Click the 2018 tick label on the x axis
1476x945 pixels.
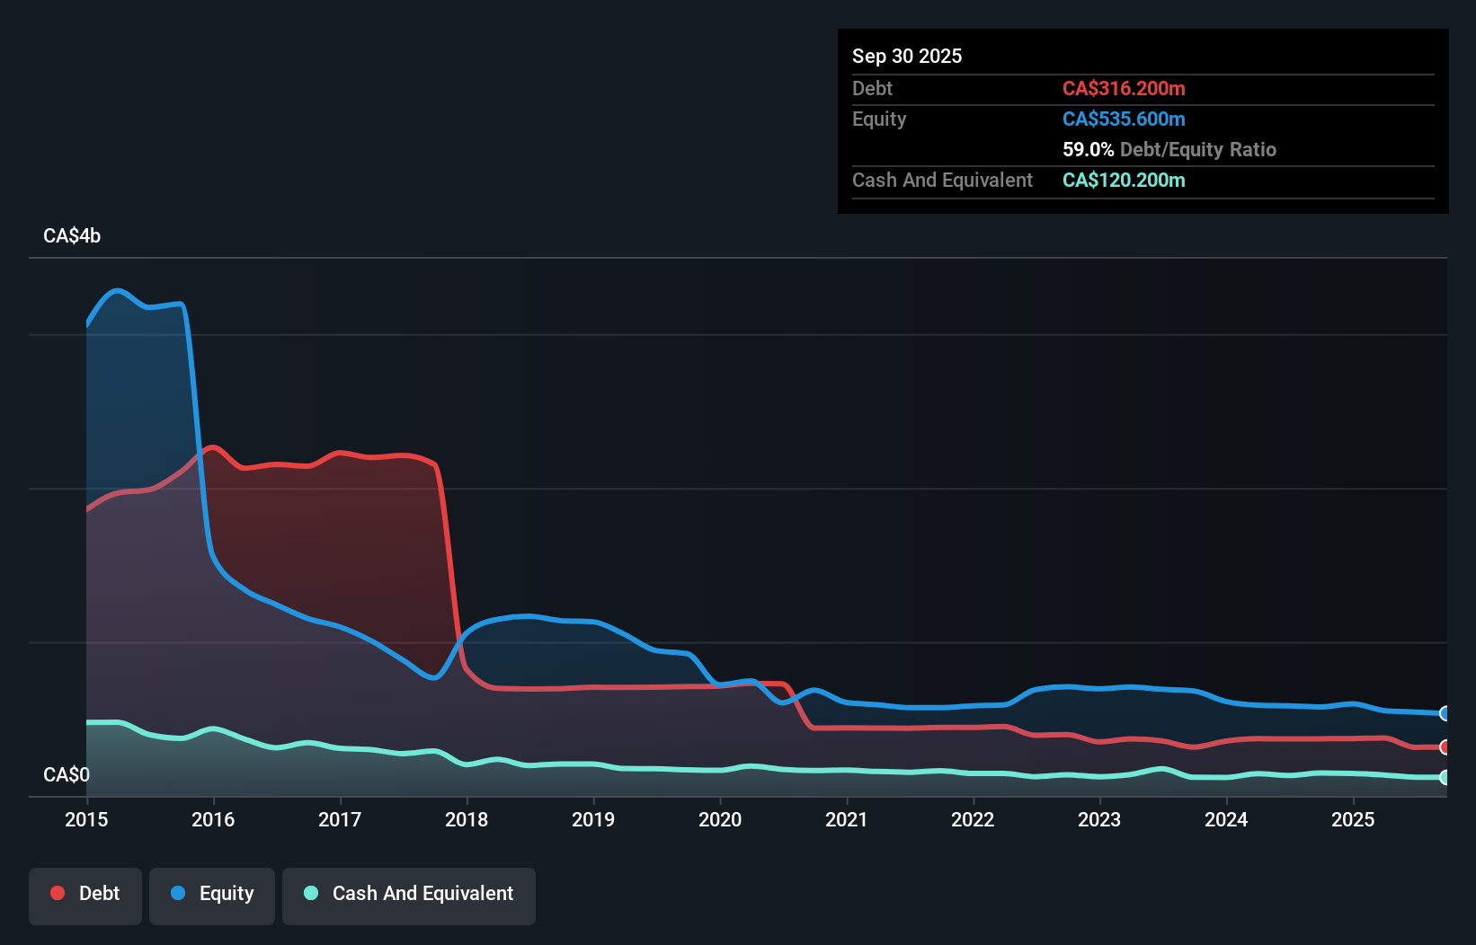[467, 819]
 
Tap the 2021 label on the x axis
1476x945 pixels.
[846, 819]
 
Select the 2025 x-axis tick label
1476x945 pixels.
[1353, 819]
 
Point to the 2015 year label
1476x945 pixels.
[86, 819]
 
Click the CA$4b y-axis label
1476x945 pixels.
[72, 236]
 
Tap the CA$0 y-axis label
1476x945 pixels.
[67, 774]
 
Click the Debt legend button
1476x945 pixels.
[85, 894]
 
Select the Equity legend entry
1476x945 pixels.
[212, 894]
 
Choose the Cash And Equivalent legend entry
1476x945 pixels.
[409, 894]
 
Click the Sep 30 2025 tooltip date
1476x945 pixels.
[907, 56]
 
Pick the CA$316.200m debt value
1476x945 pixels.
[1124, 88]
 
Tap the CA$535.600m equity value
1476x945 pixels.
[1124, 119]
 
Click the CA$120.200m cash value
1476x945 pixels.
[1124, 180]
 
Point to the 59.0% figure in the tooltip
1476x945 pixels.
[1088, 149]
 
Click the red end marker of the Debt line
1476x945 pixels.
[1445, 747]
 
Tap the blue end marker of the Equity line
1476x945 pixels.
[1445, 713]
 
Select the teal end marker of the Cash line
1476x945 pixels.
[1445, 777]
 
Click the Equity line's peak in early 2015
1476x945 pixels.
[118, 290]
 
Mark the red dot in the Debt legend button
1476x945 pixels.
[58, 893]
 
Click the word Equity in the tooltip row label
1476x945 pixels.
[879, 119]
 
